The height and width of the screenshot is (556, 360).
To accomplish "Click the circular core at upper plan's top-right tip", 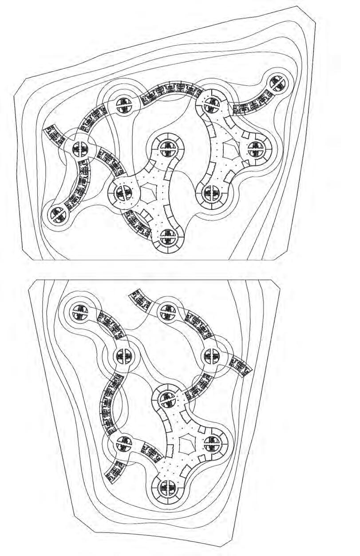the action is point(278,82).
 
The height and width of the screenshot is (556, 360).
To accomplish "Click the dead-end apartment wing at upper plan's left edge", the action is point(54,134).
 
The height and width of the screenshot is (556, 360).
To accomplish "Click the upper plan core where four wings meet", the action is point(80,148).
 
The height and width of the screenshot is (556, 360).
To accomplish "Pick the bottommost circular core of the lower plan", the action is point(167,487).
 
